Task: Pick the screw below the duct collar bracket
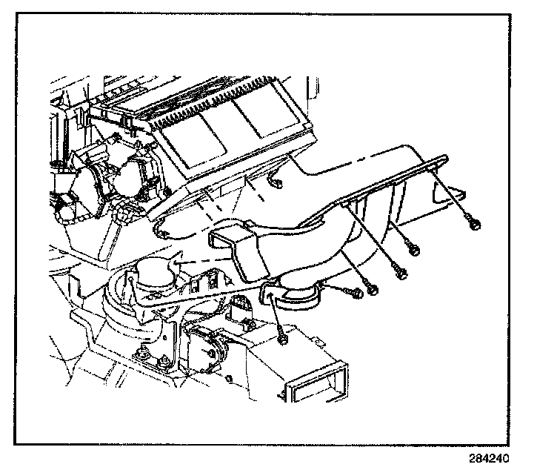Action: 284,340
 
